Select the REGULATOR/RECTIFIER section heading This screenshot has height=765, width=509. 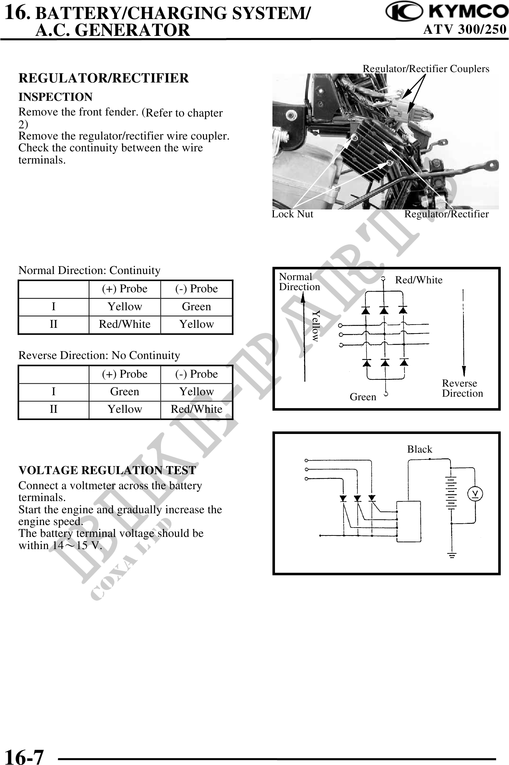(x=103, y=78)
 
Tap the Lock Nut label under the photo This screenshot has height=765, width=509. (x=292, y=214)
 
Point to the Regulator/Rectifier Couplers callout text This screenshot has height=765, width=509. (x=426, y=69)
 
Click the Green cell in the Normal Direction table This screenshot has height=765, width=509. (x=196, y=307)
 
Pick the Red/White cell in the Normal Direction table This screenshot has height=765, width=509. (x=125, y=324)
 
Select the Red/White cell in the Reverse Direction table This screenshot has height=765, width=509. (x=196, y=409)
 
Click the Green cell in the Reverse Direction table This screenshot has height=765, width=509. (x=125, y=392)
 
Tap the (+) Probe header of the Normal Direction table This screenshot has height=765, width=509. (x=125, y=289)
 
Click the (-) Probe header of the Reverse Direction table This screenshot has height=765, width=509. (x=196, y=374)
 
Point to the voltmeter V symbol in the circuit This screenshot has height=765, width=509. (x=475, y=495)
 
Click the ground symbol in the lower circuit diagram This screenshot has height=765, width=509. (x=452, y=556)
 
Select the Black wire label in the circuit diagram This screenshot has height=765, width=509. (x=419, y=449)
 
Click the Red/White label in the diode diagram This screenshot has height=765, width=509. (x=419, y=280)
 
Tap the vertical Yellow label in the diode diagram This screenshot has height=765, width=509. (x=315, y=326)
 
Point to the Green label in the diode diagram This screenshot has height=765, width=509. (x=363, y=397)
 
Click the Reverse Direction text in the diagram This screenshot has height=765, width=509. (x=462, y=388)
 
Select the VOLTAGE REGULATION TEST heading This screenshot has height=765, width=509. (x=107, y=470)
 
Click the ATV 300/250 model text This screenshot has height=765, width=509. (x=464, y=29)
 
